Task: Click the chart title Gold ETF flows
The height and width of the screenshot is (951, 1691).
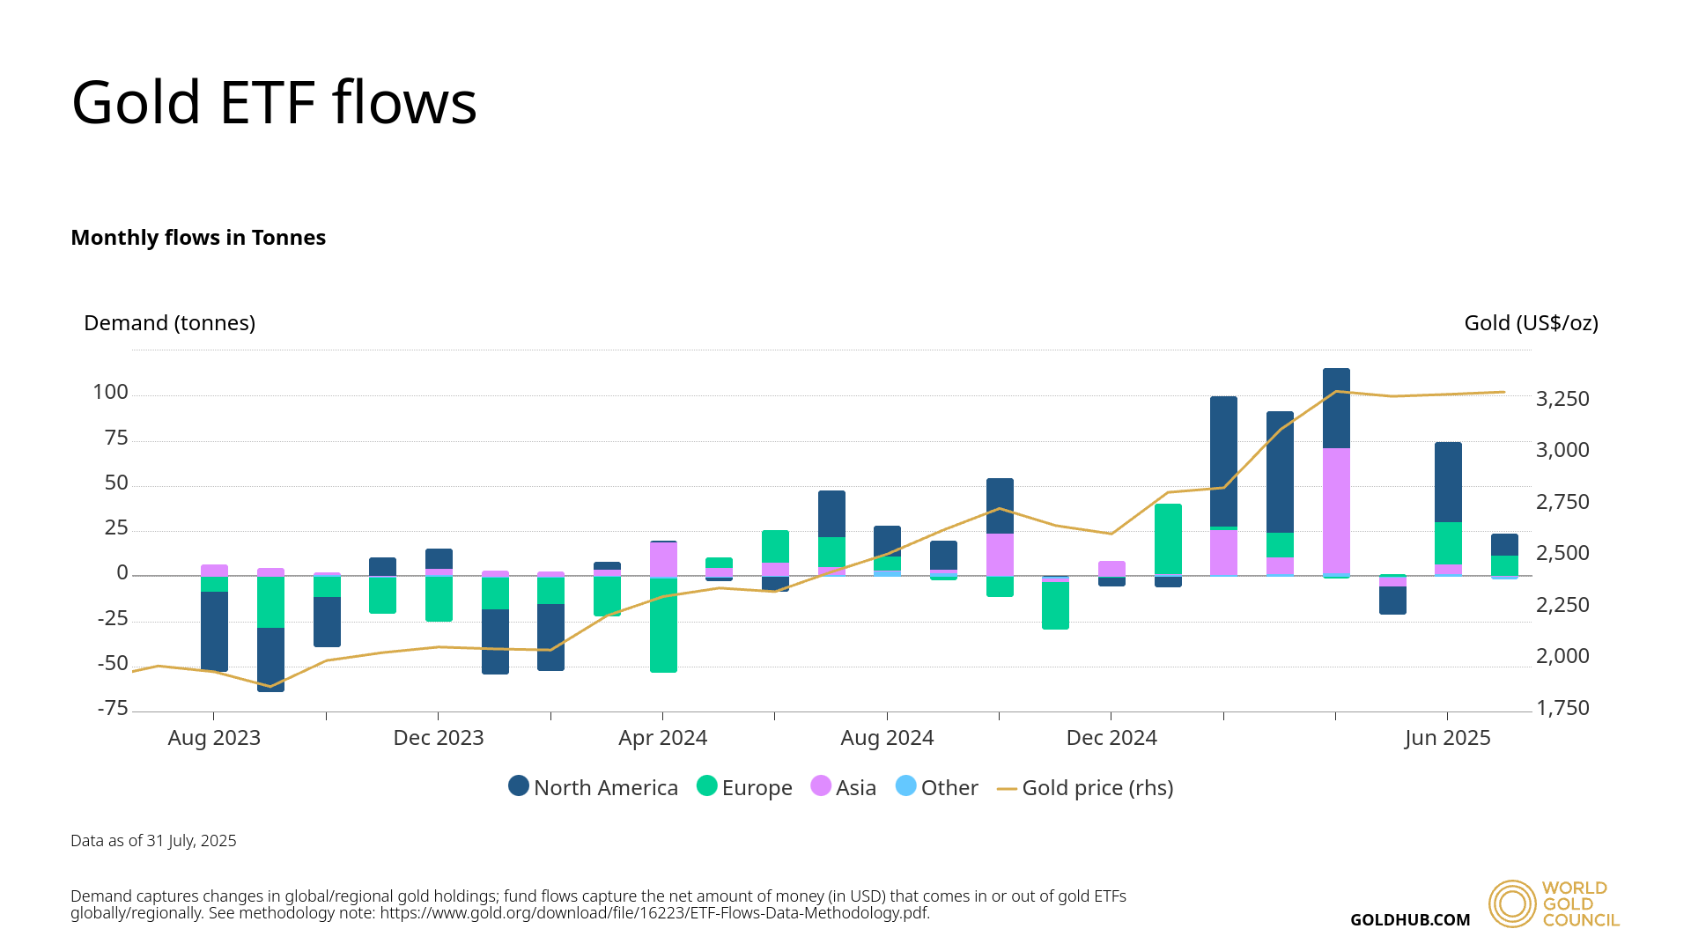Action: (274, 103)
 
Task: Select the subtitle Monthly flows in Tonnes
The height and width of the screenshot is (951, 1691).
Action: (198, 238)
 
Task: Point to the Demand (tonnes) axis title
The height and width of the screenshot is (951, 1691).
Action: (169, 323)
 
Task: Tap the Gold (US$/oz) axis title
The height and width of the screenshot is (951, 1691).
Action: (1531, 323)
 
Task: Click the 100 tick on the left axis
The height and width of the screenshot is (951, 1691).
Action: (111, 393)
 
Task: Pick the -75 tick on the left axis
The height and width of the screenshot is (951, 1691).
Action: (113, 709)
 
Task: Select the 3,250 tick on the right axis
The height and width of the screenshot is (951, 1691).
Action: (1562, 399)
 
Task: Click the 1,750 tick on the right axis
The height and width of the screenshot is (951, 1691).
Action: (1562, 708)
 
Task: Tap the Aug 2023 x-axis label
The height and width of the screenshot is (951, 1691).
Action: (214, 738)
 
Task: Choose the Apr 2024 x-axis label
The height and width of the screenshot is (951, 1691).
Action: (662, 738)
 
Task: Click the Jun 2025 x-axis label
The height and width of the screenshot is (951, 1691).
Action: (1447, 738)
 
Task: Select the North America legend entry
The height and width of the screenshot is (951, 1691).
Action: (594, 787)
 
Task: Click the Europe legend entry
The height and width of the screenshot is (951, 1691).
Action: (745, 787)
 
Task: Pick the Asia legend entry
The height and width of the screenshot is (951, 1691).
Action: (844, 787)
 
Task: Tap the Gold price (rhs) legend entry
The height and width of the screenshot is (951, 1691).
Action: (1085, 787)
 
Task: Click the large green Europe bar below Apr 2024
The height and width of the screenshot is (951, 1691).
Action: (663, 624)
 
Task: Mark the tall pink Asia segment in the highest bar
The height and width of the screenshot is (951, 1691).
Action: (1336, 511)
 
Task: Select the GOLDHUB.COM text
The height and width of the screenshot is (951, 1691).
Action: (1410, 920)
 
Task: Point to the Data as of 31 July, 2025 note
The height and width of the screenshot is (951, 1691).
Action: (153, 841)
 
